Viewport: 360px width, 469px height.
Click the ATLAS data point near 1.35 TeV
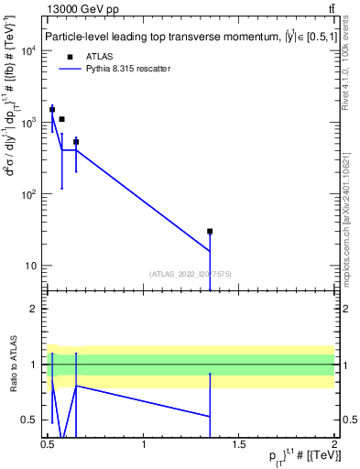[210, 232]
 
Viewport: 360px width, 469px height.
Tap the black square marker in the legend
[71, 56]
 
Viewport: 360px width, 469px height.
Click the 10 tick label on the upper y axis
[34, 267]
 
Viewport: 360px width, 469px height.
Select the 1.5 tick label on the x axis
[240, 445]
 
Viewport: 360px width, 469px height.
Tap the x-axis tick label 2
[335, 445]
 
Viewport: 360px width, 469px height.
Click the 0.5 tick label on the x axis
[49, 445]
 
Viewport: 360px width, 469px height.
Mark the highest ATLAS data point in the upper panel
[52, 109]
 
